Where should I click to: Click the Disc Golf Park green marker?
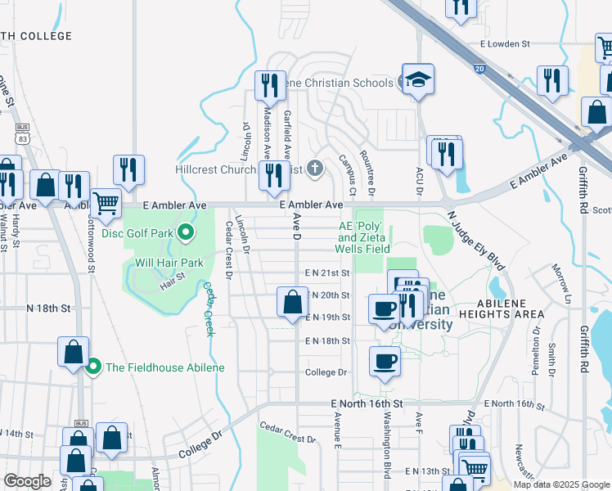pyautogui.click(x=186, y=233)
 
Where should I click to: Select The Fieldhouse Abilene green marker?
pyautogui.click(x=93, y=367)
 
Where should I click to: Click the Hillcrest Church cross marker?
pyautogui.click(x=317, y=169)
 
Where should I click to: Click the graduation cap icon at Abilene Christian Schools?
pyautogui.click(x=418, y=80)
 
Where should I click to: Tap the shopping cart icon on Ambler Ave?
pyautogui.click(x=106, y=202)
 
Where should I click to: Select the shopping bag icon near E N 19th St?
pyautogui.click(x=292, y=303)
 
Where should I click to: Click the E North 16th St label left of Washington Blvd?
pyautogui.click(x=367, y=404)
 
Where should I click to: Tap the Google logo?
pyautogui.click(x=27, y=481)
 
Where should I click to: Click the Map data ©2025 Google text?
pyautogui.click(x=561, y=484)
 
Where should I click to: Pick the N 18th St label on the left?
pyautogui.click(x=49, y=309)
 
